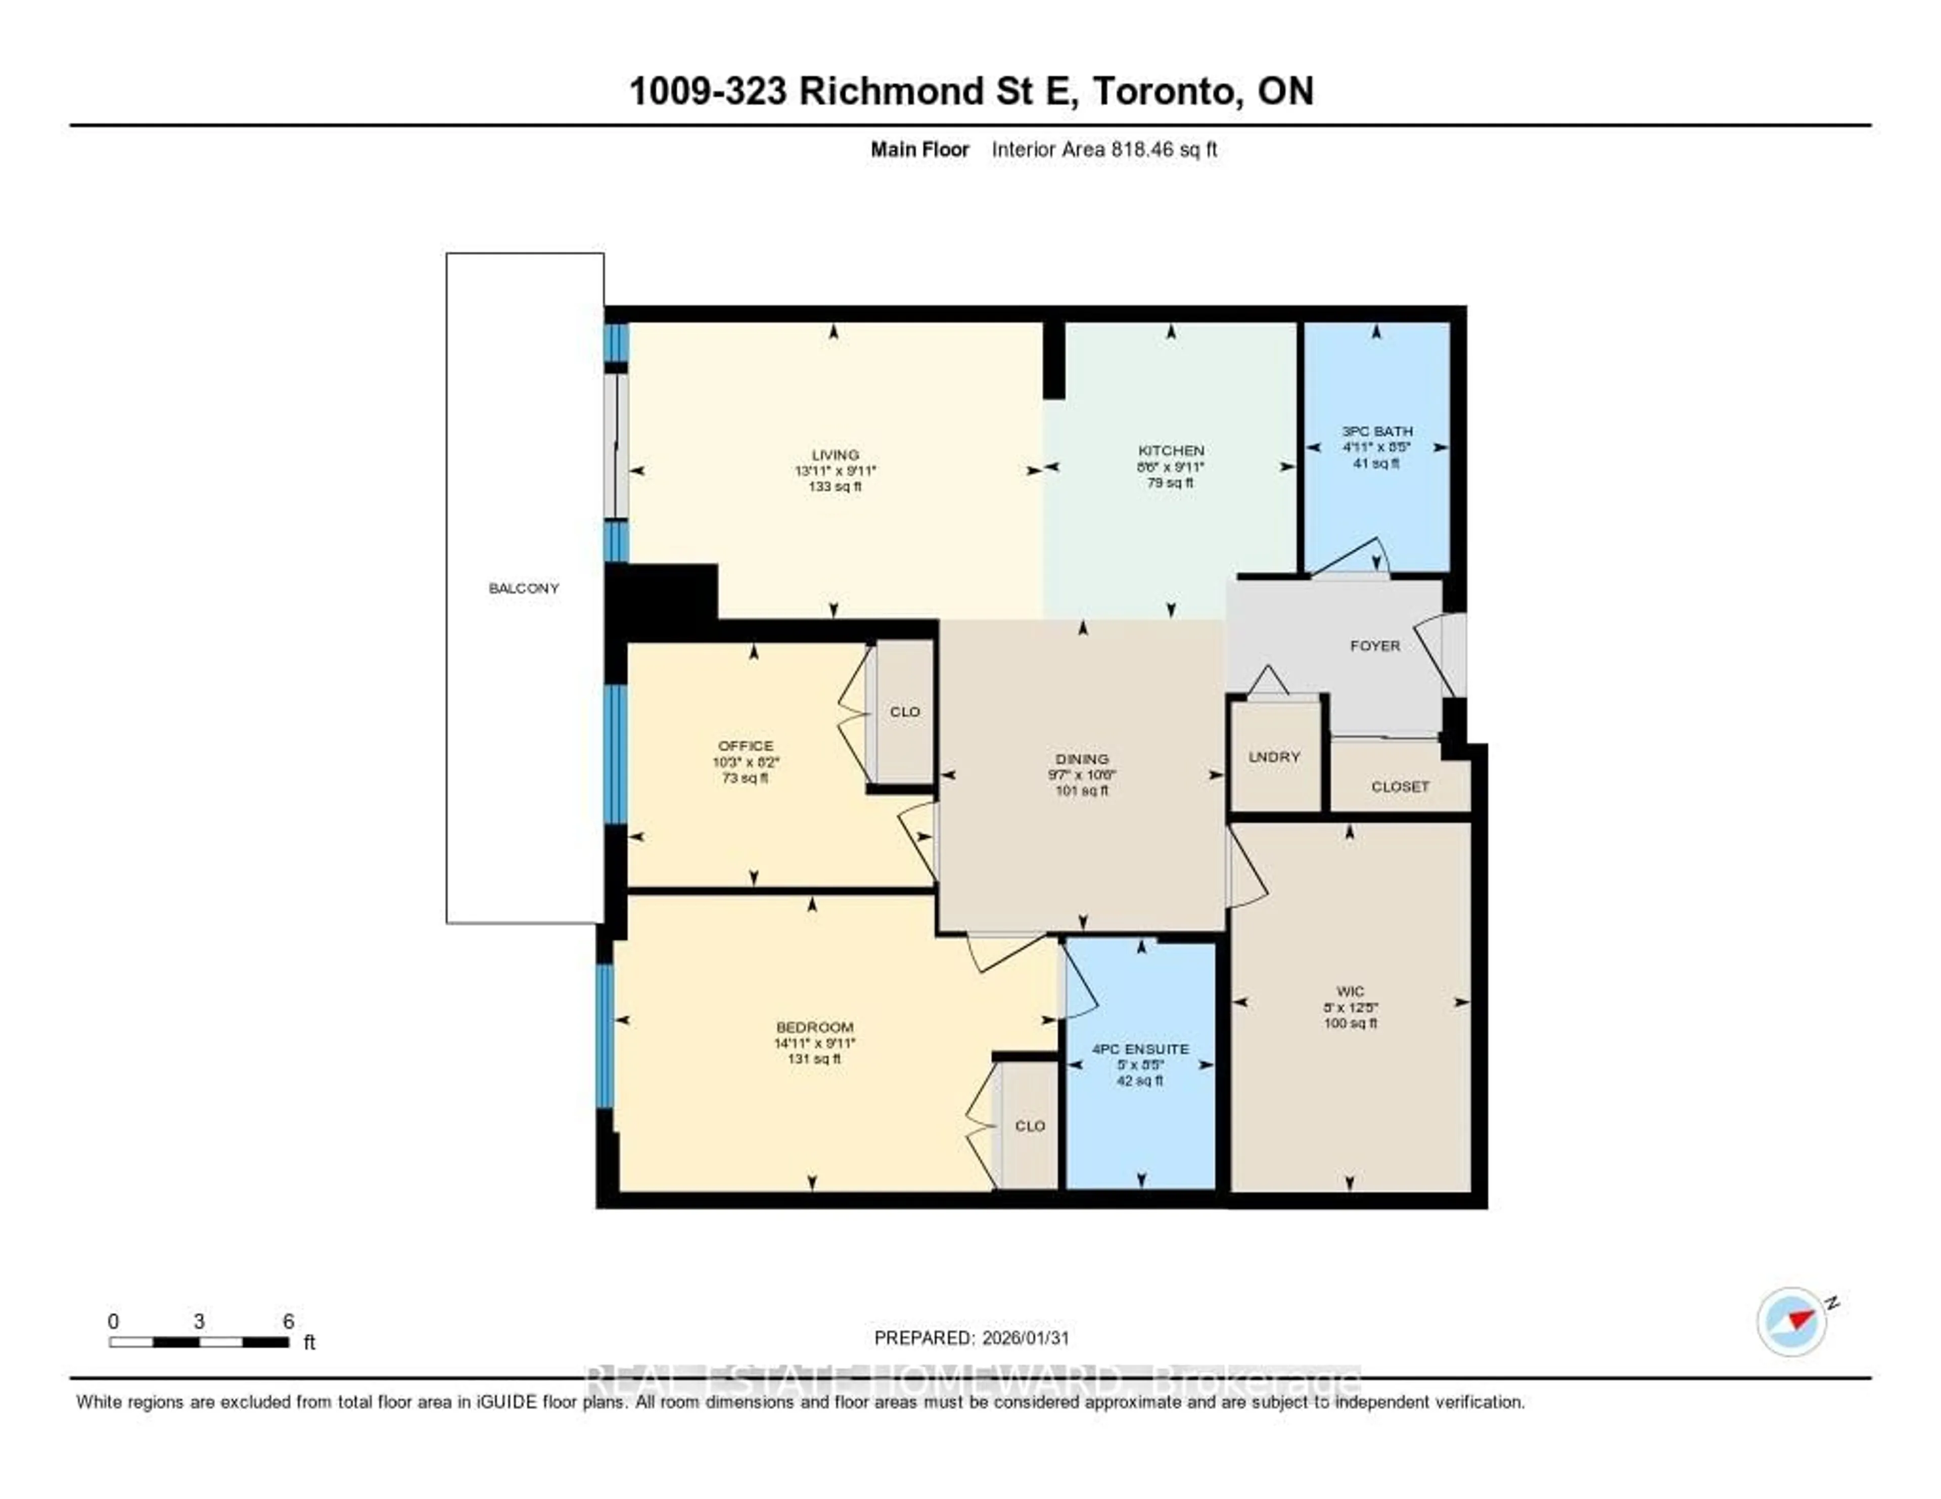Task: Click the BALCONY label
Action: click(524, 588)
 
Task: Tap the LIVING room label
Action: click(835, 455)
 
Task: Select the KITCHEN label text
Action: click(1171, 450)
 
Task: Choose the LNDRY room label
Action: click(1274, 757)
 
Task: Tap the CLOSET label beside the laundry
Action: click(1400, 786)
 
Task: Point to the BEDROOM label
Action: click(814, 1027)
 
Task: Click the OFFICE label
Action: click(746, 745)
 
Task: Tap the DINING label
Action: click(1082, 759)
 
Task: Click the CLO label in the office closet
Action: click(905, 712)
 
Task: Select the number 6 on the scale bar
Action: click(288, 1321)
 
